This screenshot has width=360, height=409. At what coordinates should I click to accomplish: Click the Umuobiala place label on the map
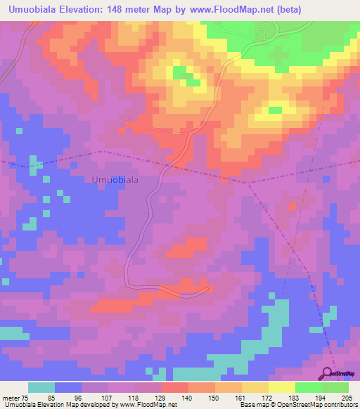(x=115, y=179)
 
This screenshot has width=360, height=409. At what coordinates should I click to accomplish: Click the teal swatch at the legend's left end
(x=41, y=387)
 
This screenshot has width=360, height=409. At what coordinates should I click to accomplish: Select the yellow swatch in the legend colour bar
(x=282, y=387)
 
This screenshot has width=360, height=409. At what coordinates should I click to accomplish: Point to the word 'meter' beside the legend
(x=11, y=398)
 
